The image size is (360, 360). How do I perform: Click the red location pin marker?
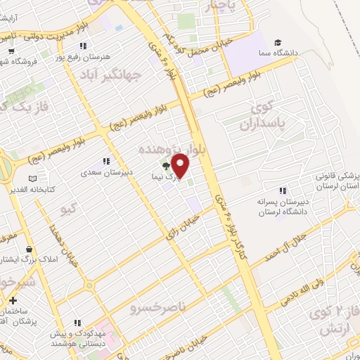[x=181, y=165]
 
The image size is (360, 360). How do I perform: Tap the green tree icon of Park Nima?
[x=166, y=167]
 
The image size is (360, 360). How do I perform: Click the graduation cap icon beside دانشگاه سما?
[x=278, y=42]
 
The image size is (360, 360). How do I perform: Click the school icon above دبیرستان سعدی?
[x=105, y=162]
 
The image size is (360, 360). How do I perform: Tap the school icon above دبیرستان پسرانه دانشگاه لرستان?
[x=283, y=191]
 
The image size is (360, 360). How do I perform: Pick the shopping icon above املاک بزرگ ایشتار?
[x=28, y=250]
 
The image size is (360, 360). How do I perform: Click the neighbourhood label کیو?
[x=69, y=210]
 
